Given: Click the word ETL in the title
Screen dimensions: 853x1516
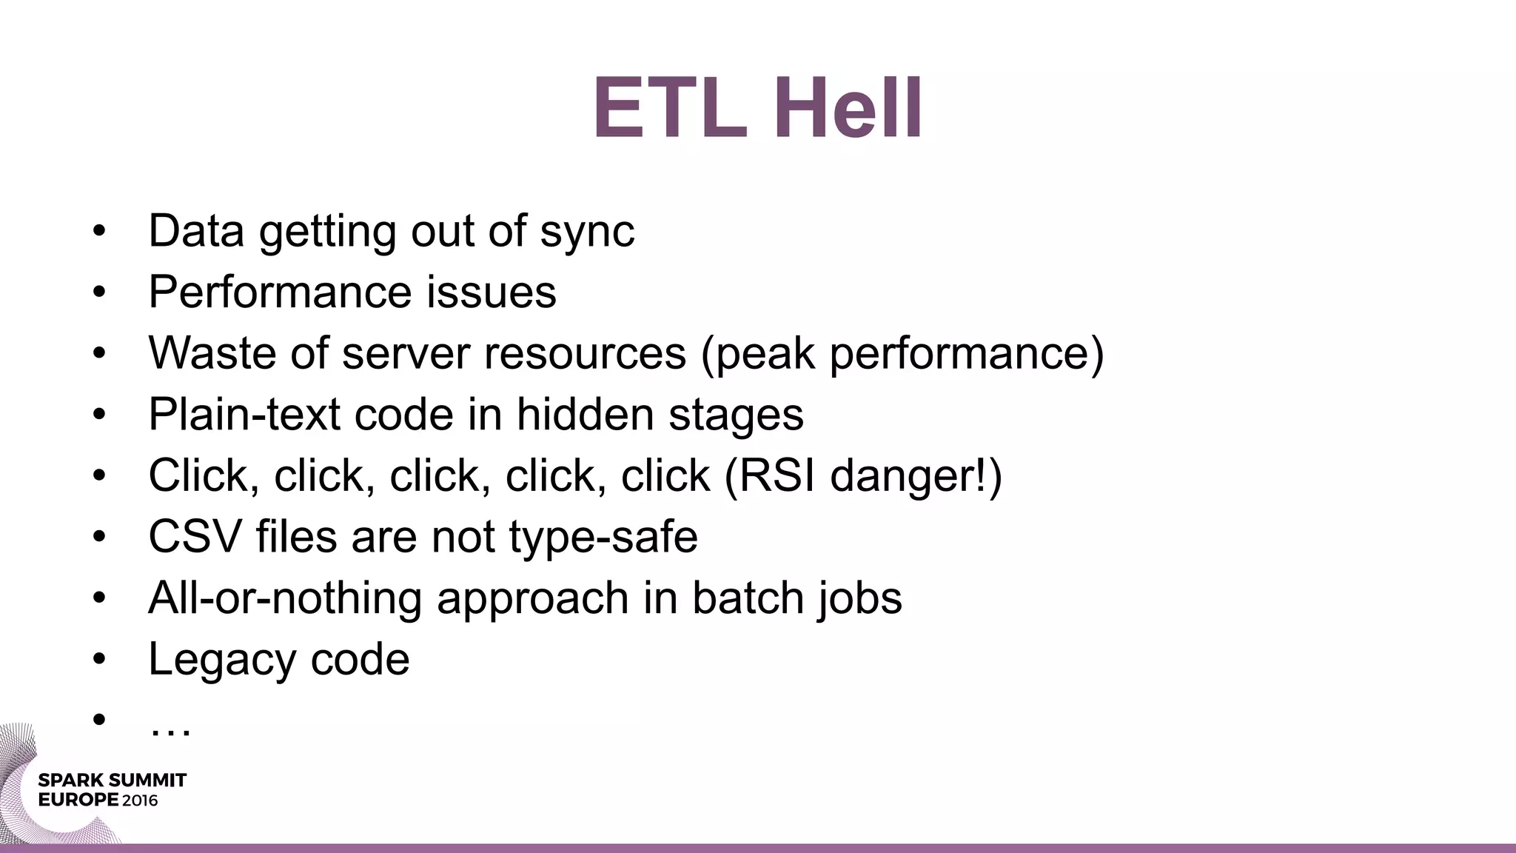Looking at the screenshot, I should pos(670,109).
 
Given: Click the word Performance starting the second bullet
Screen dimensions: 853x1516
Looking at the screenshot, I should pos(281,292).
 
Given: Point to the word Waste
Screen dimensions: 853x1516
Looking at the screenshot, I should pos(212,353).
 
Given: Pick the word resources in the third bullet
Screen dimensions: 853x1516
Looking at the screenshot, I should pos(585,353).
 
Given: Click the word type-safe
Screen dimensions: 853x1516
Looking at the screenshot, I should pos(603,538).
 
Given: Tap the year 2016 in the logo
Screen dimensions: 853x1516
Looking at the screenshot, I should pos(140,800).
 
